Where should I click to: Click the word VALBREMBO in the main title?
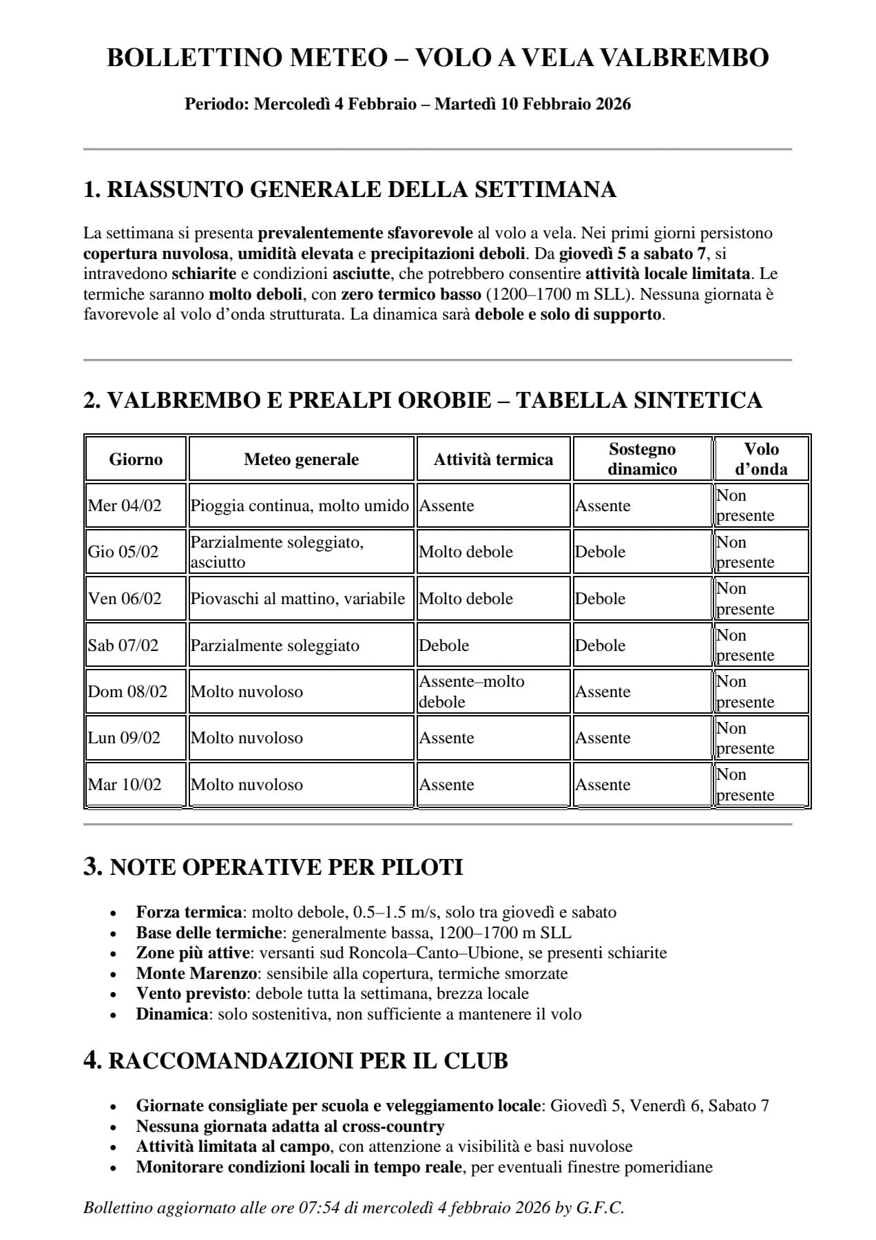pos(684,58)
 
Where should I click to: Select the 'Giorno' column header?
pos(136,459)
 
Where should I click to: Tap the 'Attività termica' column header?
pos(493,459)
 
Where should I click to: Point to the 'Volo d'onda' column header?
pos(761,459)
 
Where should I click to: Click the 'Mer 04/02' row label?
pos(125,506)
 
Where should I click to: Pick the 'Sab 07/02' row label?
pos(123,645)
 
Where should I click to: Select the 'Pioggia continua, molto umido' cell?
pos(300,506)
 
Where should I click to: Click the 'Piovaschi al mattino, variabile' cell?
pos(298,599)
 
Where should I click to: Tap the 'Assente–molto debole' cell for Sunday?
pos(472,692)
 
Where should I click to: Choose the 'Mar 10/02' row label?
pos(125,785)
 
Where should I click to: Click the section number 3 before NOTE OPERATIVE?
pos(93,866)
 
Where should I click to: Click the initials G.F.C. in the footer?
pos(600,1208)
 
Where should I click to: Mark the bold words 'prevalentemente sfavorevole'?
pos(365,233)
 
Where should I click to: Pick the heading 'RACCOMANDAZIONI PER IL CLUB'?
pos(308,1061)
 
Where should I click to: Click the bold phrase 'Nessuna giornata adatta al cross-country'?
pos(290,1126)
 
